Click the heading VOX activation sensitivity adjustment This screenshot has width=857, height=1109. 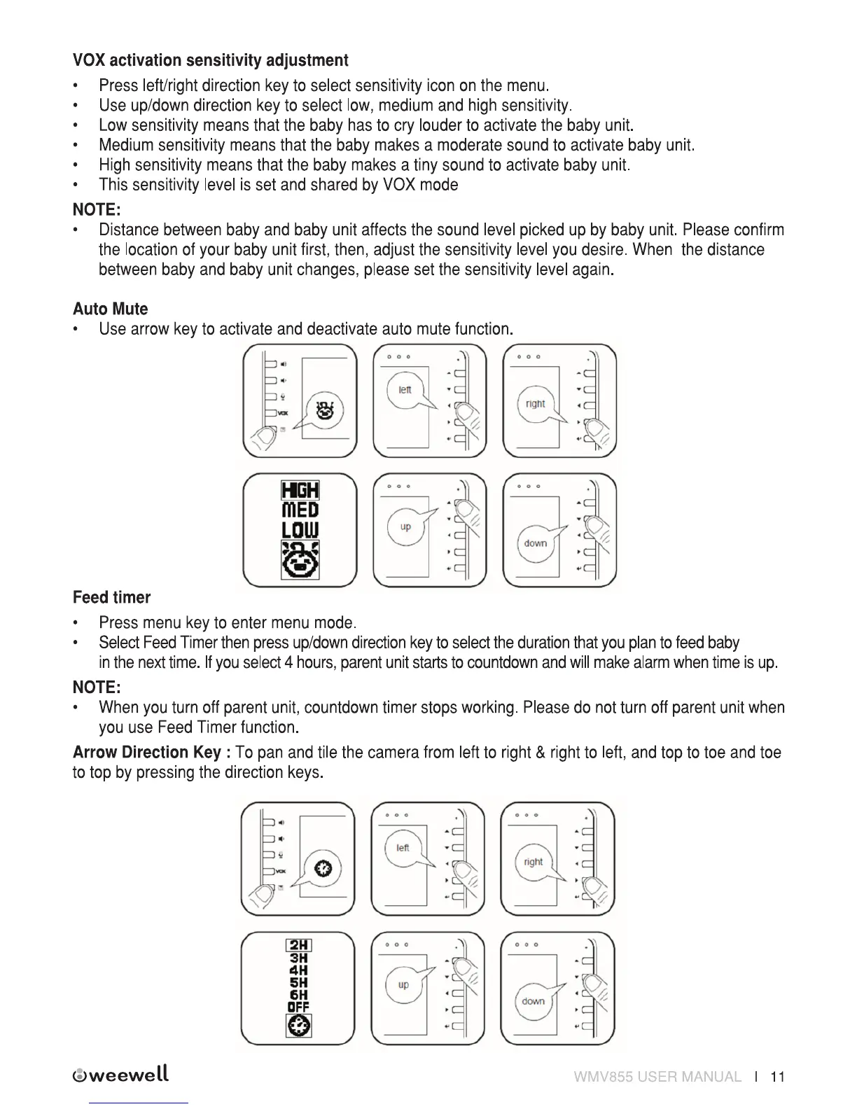point(210,60)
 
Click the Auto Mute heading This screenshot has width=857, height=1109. point(110,309)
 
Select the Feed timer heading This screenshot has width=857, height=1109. point(111,597)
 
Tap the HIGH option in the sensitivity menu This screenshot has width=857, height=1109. point(300,490)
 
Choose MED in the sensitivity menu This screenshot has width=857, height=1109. point(300,510)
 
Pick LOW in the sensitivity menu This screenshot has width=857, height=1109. point(300,530)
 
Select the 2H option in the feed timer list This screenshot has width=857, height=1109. point(299,946)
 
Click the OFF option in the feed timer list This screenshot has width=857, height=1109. point(299,1007)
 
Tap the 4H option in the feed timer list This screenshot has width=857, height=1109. point(299,970)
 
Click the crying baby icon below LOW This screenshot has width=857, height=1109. point(300,559)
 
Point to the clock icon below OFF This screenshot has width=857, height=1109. point(299,1026)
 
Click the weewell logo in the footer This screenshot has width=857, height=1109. point(120,1075)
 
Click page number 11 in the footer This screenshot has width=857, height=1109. point(777,1077)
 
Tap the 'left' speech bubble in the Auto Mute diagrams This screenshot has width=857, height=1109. point(405,390)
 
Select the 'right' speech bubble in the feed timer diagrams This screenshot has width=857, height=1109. point(534,862)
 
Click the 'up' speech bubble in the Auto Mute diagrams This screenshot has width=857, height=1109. point(406,526)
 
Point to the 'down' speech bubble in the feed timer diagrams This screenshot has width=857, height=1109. point(534,1001)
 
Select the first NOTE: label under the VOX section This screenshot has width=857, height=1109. point(97,209)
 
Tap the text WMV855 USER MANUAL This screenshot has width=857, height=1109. point(657,1077)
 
